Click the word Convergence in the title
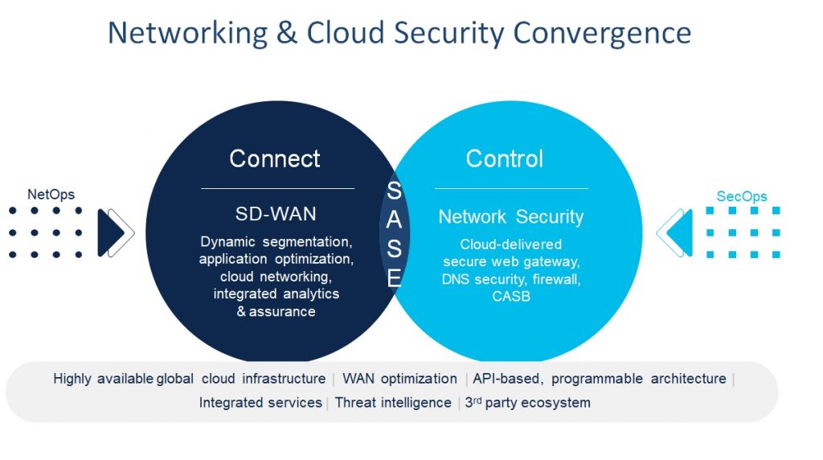pos(602,33)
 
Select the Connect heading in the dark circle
pos(275,158)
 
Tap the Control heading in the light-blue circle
pos(505,158)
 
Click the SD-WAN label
pos(275,214)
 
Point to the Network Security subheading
pos(511,216)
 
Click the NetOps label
pos(51,195)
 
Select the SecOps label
pos(742,196)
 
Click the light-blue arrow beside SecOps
pos(678,233)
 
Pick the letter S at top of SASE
pos(394,191)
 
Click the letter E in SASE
pos(394,277)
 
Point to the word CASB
pos(511,297)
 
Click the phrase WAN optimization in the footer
pos(399,379)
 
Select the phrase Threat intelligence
pos(393,403)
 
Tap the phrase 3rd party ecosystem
pos(528,403)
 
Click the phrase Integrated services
pos(260,403)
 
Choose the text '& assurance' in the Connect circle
pos(276,311)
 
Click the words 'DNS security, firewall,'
pos(511,279)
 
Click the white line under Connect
pos(277,188)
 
